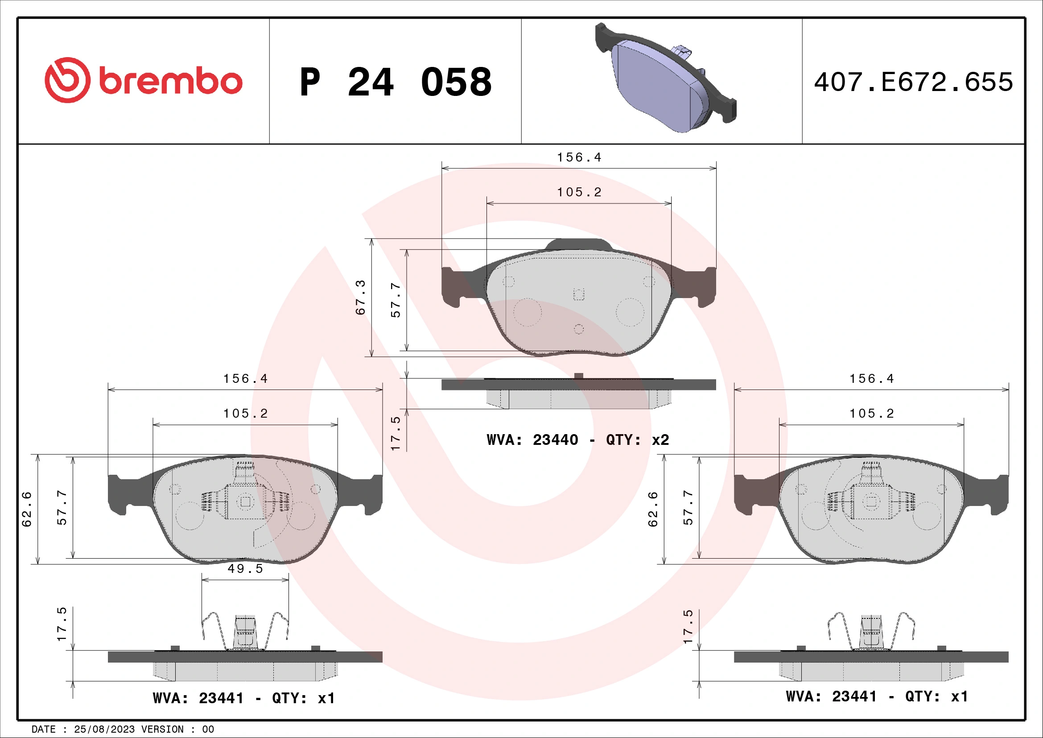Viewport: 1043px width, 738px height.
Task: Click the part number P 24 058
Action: point(395,82)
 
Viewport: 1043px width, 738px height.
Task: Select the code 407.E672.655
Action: point(913,82)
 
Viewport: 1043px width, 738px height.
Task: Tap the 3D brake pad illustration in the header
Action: point(665,79)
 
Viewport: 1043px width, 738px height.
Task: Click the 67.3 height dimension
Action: point(360,298)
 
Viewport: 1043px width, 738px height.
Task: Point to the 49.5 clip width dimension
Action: point(245,569)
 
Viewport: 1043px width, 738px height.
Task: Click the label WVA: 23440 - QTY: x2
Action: point(577,440)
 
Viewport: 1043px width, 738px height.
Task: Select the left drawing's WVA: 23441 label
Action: point(244,698)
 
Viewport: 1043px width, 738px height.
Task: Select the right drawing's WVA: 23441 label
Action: point(877,697)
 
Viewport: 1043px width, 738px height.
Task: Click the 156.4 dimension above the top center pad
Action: point(579,158)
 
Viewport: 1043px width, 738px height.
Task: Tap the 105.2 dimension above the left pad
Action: point(245,414)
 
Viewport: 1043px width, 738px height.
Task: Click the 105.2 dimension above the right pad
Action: point(872,414)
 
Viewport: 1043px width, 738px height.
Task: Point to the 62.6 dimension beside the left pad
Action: point(27,509)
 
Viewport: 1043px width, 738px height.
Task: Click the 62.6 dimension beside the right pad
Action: point(653,509)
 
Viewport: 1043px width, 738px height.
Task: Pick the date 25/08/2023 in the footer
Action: point(104,730)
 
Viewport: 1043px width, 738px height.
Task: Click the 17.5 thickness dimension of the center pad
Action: point(396,433)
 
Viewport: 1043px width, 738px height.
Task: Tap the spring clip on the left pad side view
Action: point(245,632)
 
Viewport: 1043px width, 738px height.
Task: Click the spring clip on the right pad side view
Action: point(871,632)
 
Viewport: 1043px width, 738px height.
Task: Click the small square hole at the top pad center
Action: point(578,294)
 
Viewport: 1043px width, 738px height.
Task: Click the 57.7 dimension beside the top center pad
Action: point(396,300)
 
